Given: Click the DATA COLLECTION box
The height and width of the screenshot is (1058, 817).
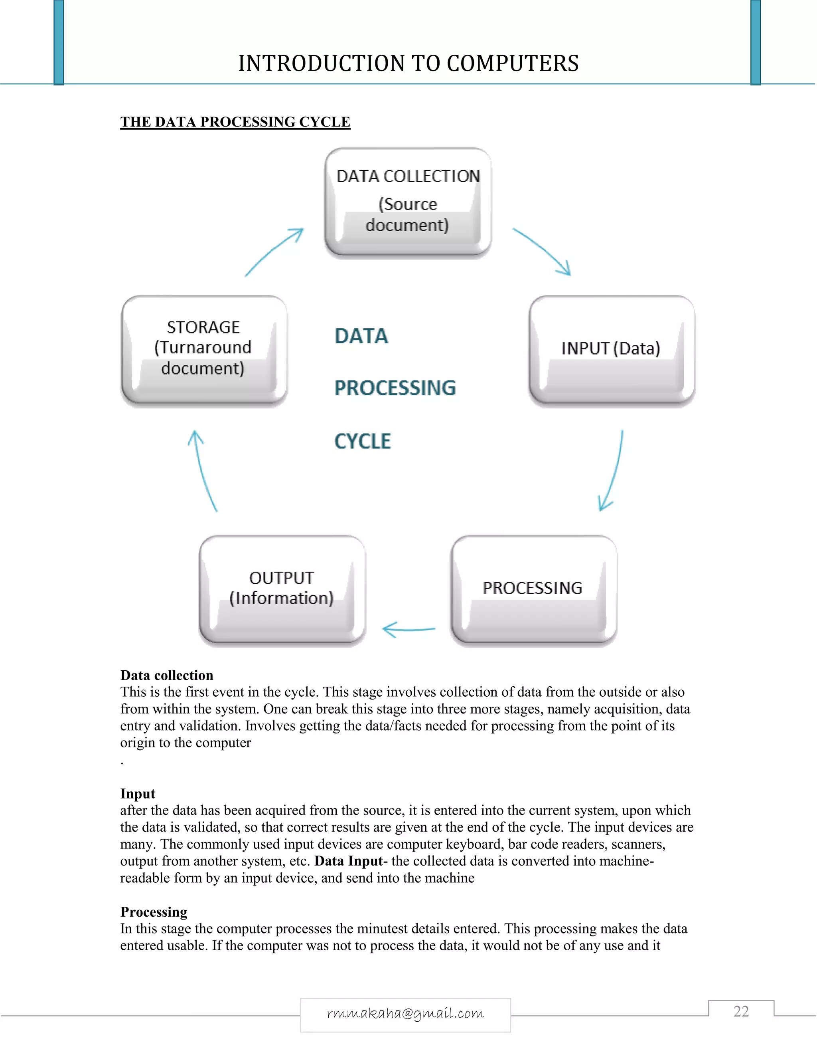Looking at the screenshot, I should (408, 201).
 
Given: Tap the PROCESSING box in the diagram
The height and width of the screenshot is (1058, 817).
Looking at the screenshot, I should (533, 590).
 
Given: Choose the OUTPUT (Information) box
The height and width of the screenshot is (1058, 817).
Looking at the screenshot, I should (282, 590).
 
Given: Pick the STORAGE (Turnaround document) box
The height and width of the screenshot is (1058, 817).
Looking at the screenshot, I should (204, 350).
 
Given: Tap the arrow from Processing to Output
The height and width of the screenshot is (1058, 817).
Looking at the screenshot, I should (409, 629).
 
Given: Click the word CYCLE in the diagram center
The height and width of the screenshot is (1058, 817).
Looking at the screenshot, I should (363, 441).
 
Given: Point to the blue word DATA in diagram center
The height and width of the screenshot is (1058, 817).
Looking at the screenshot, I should (361, 336).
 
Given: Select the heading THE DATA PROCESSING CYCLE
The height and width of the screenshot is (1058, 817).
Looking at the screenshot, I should (235, 122).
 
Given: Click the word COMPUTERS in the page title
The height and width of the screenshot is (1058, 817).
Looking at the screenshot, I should (513, 63).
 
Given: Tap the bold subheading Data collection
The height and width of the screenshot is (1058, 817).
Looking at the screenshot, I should (166, 675).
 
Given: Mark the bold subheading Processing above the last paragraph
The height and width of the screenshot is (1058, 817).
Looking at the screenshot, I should (154, 912).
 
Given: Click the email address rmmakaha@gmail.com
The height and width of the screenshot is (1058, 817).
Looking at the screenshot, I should (406, 1013).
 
